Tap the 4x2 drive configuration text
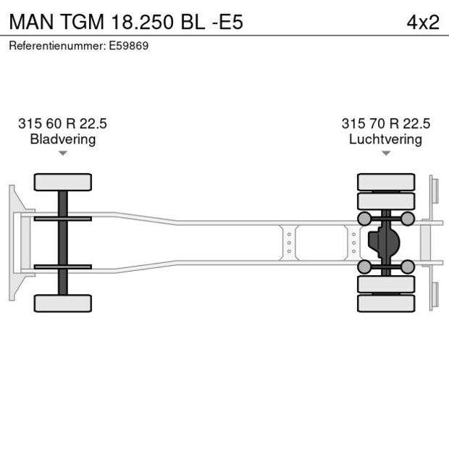click(423, 22)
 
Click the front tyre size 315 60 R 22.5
click(62, 124)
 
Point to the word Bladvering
click(62, 139)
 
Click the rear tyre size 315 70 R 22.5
click(385, 124)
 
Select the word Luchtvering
click(385, 139)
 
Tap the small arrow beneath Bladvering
click(62, 153)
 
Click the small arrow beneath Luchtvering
click(385, 153)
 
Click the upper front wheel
click(62, 182)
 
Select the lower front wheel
click(62, 303)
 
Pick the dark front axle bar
click(62, 243)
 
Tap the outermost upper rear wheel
click(386, 181)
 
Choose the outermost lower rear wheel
click(386, 303)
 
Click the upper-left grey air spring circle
click(364, 218)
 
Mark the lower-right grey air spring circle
click(408, 267)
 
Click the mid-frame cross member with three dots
click(289, 243)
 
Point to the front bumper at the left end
click(13, 243)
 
